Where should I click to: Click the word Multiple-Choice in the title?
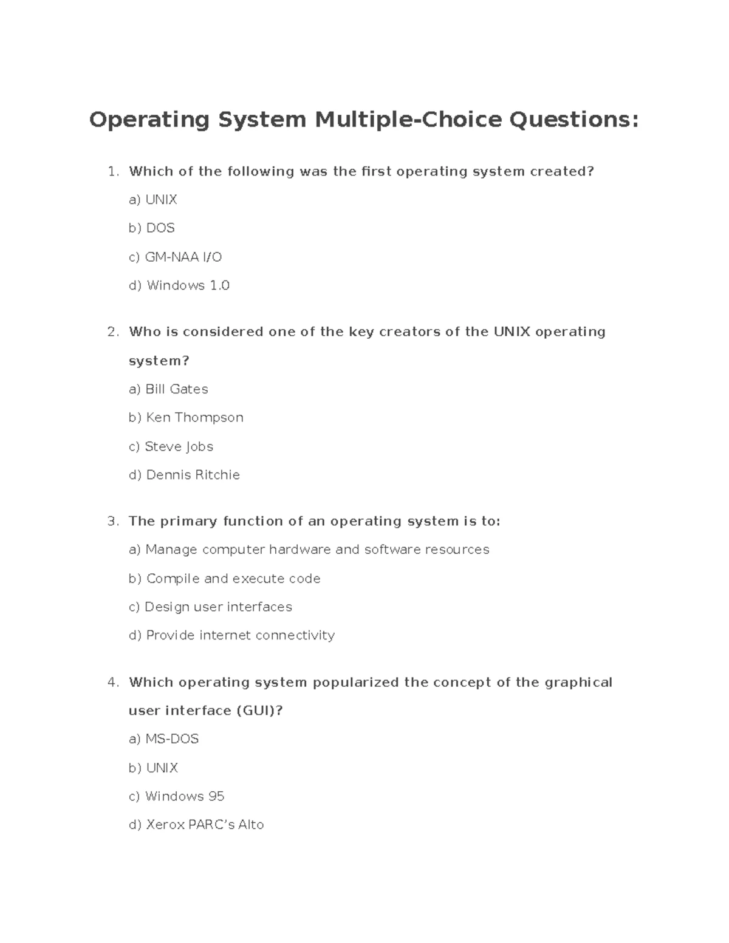408,120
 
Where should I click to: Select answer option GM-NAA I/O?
176,257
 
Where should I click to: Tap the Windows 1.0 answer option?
179,285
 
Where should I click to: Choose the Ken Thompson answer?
186,418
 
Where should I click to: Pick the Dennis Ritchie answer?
184,475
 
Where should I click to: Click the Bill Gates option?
168,389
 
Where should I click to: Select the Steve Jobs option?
171,447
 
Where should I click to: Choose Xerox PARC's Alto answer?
196,825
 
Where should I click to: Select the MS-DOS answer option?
164,739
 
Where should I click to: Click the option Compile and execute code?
224,579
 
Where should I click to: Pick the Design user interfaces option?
210,607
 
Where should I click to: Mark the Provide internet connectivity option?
231,635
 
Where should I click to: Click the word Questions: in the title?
573,120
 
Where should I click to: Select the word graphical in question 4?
578,683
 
